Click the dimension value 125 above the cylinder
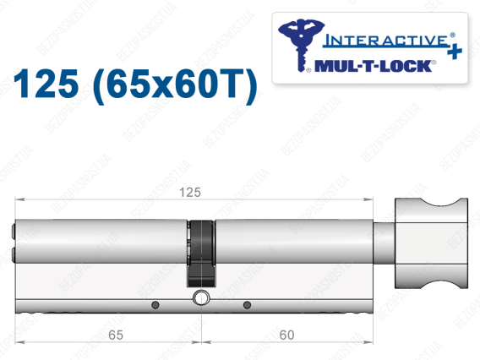click(190, 193)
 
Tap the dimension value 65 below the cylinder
click(116, 335)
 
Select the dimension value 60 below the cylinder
click(286, 335)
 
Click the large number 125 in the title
click(46, 84)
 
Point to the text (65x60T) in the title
click(175, 85)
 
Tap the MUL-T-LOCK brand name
click(374, 66)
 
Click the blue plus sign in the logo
click(455, 52)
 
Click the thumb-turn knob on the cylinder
click(431, 243)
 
